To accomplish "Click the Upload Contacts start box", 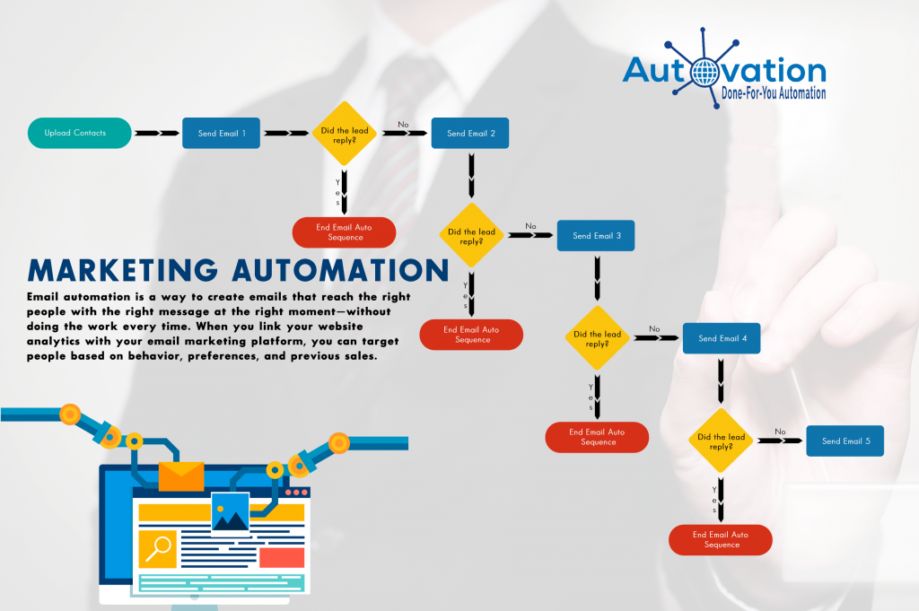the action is pyautogui.click(x=80, y=133).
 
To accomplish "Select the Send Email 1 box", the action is pyautogui.click(x=221, y=133).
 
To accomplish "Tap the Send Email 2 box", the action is pyautogui.click(x=470, y=133).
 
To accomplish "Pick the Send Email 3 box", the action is pyautogui.click(x=596, y=235).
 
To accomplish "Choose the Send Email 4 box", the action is pyautogui.click(x=722, y=338).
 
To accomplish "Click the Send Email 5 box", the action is pyautogui.click(x=845, y=441).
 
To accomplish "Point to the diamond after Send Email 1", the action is pyautogui.click(x=345, y=134).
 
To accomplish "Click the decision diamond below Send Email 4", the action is pyautogui.click(x=721, y=441).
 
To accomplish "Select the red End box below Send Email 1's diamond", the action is pyautogui.click(x=344, y=232).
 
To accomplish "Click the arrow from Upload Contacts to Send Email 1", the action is pyautogui.click(x=157, y=133).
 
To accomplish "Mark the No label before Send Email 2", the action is pyautogui.click(x=403, y=124).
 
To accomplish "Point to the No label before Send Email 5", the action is pyautogui.click(x=780, y=432).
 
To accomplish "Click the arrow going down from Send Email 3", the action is pyautogui.click(x=597, y=277).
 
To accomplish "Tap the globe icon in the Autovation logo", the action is pyautogui.click(x=705, y=73).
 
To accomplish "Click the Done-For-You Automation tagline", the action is pyautogui.click(x=774, y=93).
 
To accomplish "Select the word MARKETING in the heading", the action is pyautogui.click(x=123, y=271).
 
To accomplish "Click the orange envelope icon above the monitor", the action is pyautogui.click(x=181, y=476).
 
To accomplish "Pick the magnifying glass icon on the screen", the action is pyautogui.click(x=158, y=549).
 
